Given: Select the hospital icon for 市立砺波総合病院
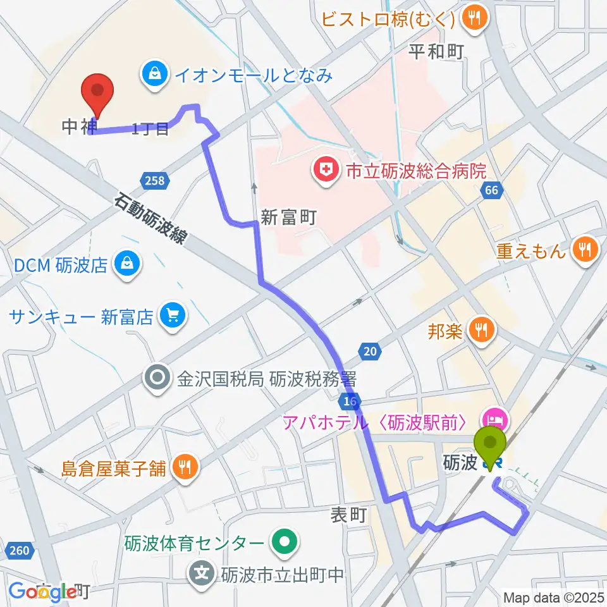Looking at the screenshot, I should click(x=325, y=171).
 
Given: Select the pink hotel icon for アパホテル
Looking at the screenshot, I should click(x=494, y=419).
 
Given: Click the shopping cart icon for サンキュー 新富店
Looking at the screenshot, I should click(x=171, y=315).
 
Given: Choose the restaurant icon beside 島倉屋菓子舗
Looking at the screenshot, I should click(x=185, y=468).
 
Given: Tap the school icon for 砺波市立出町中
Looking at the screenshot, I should click(x=202, y=574).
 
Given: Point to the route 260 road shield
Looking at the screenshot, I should click(x=20, y=551).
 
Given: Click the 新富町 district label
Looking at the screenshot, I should click(x=288, y=218).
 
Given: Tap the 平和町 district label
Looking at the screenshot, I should click(x=436, y=52).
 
